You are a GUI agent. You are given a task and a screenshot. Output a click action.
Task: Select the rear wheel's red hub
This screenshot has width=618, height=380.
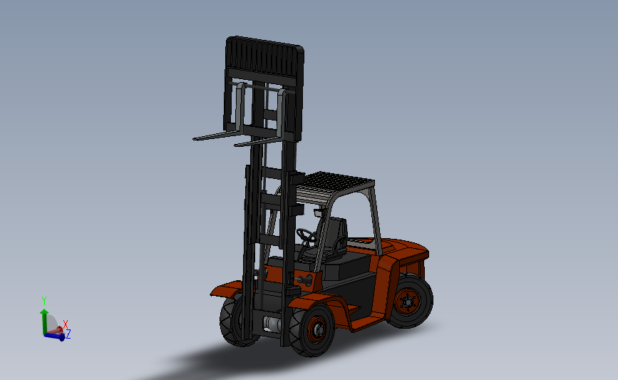point(408,302)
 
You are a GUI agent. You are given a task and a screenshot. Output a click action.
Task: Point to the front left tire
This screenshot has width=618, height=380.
point(232,322)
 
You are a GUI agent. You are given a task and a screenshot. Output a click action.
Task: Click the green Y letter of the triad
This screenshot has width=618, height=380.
point(44,301)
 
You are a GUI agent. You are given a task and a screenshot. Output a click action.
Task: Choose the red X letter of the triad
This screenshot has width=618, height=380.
point(66,325)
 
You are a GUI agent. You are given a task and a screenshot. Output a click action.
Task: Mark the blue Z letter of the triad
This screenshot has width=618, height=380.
point(68,334)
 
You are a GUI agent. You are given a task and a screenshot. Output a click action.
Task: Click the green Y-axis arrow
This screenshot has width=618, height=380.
point(44,317)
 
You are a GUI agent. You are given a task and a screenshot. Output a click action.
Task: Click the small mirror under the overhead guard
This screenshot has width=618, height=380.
point(319,212)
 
